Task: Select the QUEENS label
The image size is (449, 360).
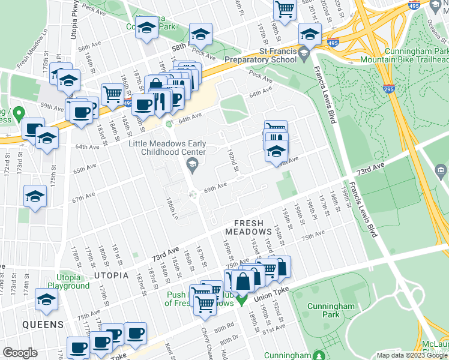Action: click(x=43, y=325)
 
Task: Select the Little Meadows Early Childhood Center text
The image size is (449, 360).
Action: click(x=167, y=148)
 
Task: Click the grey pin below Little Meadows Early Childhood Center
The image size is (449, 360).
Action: click(x=191, y=164)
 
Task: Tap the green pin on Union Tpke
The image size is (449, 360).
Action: click(x=242, y=299)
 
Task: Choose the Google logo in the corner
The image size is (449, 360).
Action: click(x=20, y=352)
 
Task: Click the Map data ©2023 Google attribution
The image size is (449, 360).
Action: click(x=412, y=355)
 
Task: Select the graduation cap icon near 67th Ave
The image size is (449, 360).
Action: click(x=35, y=196)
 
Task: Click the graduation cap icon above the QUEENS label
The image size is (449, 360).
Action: click(x=46, y=299)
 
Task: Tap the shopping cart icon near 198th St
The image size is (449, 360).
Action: click(x=285, y=9)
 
